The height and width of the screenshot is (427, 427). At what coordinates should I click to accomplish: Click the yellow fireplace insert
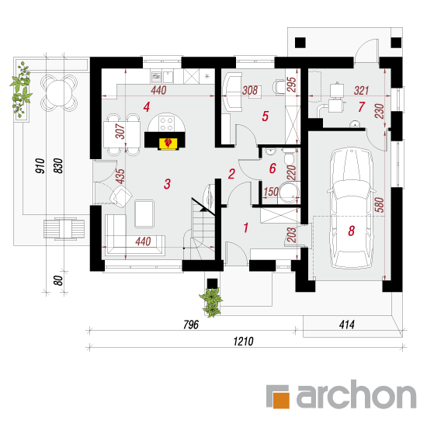(168, 144)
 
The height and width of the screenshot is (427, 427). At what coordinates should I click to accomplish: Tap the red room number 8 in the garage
(351, 231)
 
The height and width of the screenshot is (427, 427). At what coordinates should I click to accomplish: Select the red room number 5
(266, 116)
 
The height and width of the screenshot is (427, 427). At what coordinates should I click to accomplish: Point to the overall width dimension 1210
(244, 342)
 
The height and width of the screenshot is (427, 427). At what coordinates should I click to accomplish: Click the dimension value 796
(191, 325)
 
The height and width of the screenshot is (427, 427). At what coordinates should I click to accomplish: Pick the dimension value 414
(347, 325)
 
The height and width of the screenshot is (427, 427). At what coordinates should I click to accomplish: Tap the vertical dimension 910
(40, 166)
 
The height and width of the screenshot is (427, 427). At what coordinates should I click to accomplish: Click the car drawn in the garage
(351, 209)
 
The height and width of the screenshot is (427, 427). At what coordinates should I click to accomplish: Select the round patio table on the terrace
(59, 93)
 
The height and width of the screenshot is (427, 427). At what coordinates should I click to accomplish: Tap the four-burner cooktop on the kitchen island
(167, 124)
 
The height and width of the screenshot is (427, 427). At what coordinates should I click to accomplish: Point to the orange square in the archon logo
(281, 400)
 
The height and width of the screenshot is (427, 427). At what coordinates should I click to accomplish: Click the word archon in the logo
(356, 394)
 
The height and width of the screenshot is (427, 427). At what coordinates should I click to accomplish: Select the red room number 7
(361, 107)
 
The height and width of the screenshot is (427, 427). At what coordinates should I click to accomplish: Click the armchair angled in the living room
(121, 196)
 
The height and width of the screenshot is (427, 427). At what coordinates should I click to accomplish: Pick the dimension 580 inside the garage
(380, 205)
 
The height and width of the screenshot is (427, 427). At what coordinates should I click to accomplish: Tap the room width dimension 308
(250, 90)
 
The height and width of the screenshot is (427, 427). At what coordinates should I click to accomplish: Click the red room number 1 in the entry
(246, 227)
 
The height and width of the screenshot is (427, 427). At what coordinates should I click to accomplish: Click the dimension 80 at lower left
(58, 280)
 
